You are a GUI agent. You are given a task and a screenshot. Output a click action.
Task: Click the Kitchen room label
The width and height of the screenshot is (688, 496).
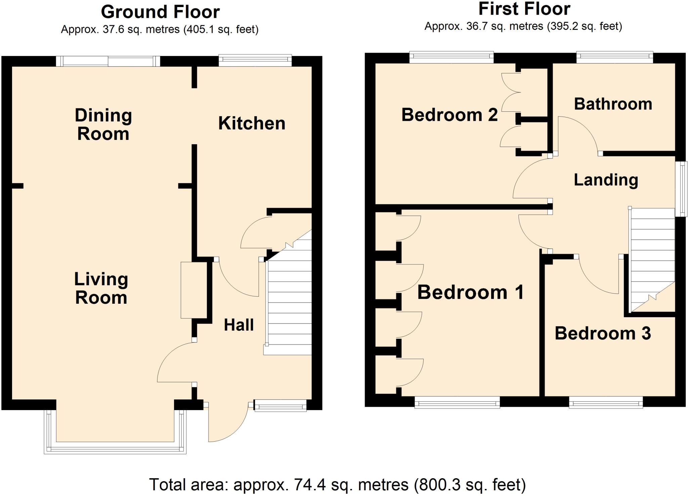point(252,123)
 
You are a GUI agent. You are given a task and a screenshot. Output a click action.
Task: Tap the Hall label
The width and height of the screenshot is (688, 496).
point(239,325)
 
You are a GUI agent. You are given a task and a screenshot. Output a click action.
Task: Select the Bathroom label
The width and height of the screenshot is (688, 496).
point(613,104)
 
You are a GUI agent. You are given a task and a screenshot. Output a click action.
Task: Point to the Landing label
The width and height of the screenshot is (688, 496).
point(606,180)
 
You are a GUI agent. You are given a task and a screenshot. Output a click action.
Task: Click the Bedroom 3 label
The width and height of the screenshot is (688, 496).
point(603,333)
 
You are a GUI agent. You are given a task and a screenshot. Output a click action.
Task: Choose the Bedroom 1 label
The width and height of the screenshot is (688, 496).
point(470,292)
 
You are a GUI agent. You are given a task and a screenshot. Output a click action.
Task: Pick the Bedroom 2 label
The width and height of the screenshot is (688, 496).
point(449,115)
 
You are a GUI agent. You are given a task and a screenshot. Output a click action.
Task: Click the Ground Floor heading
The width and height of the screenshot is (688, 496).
point(160,12)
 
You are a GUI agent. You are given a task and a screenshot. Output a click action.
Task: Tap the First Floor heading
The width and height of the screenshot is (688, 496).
point(524,9)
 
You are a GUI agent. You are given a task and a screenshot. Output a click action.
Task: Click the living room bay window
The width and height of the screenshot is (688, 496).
point(115,448)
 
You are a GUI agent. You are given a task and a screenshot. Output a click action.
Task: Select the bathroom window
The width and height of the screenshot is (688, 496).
point(614,57)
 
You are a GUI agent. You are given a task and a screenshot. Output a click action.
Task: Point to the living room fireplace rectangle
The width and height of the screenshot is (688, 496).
point(194,290)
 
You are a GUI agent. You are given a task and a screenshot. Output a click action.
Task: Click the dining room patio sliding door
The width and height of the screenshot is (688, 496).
point(108,61)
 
